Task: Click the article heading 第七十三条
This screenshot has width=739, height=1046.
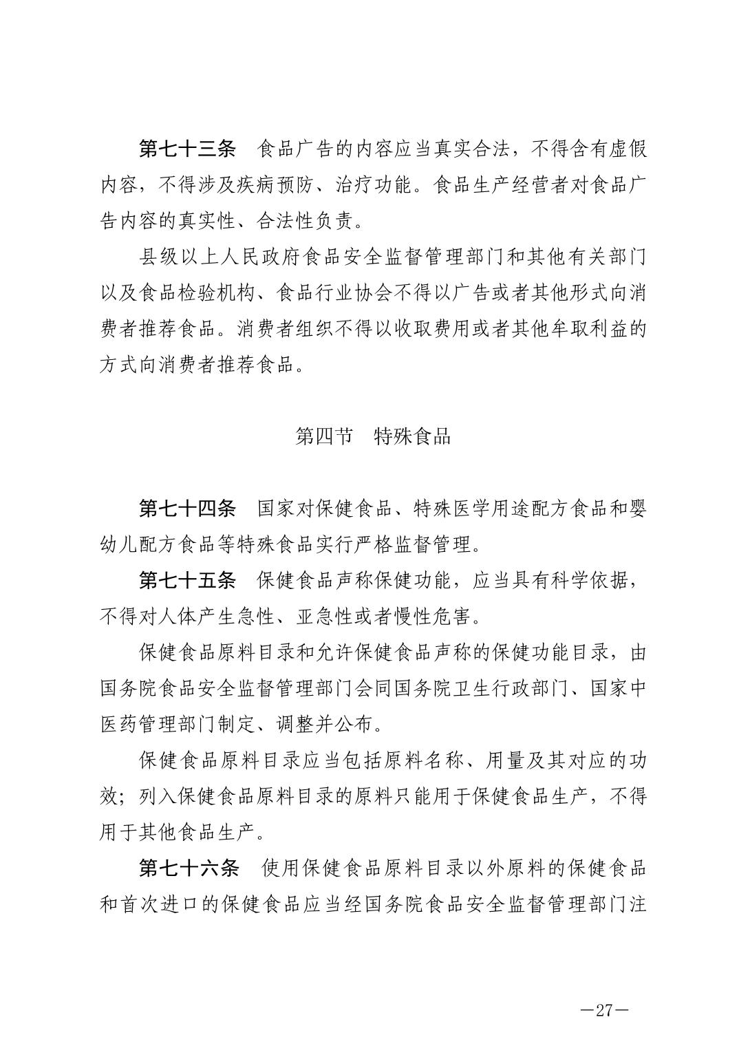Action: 187,149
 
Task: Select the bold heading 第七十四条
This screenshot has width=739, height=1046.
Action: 187,509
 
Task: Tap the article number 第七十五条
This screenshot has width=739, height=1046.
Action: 187,581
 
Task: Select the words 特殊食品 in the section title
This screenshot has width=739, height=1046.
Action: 412,436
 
